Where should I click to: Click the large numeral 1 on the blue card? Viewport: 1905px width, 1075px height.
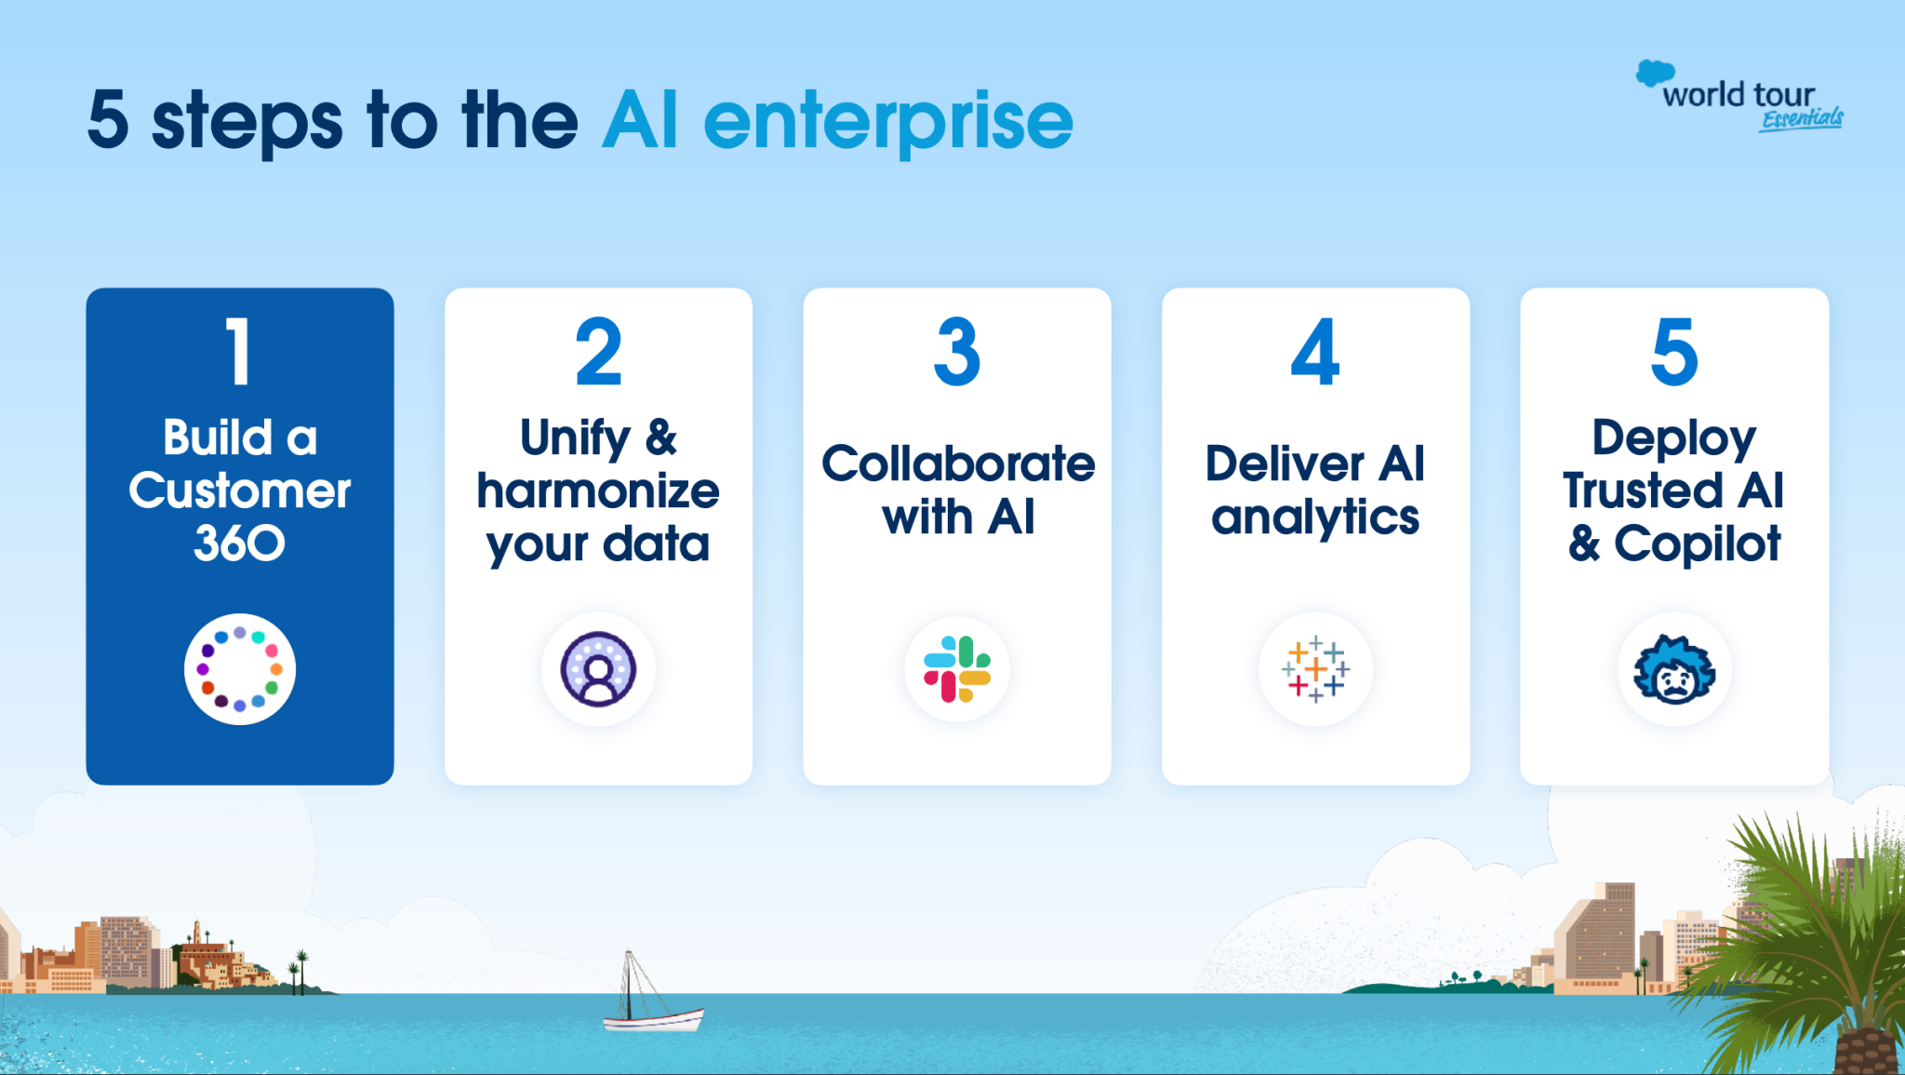click(x=239, y=352)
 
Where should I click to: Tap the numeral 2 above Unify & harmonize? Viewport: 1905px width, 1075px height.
click(x=598, y=352)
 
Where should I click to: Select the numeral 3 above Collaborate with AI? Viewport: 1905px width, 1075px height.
click(x=957, y=352)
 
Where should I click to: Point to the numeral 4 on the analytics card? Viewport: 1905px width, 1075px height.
click(x=1315, y=352)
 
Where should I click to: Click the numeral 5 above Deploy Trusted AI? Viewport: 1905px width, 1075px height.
click(x=1674, y=352)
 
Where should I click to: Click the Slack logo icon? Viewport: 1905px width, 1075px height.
click(x=957, y=669)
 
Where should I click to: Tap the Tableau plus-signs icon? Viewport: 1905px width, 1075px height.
click(x=1315, y=669)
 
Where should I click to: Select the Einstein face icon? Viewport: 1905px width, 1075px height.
click(x=1674, y=669)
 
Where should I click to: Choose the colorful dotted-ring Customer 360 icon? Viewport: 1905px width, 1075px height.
click(x=239, y=669)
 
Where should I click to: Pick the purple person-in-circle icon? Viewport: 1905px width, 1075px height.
click(x=598, y=669)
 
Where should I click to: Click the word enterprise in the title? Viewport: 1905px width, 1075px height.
click(x=888, y=122)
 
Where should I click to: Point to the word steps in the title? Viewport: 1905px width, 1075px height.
click(x=246, y=122)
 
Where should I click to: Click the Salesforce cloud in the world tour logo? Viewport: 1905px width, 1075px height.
click(x=1655, y=74)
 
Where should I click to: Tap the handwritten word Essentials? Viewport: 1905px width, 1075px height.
click(x=1802, y=119)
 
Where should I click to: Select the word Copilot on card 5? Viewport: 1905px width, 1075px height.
click(x=1698, y=544)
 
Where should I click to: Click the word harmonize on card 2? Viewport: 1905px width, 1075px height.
click(x=598, y=490)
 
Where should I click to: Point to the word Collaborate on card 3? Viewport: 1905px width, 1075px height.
click(x=958, y=464)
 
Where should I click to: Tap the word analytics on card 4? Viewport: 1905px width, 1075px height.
click(x=1315, y=517)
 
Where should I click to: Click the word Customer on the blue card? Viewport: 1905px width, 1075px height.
click(x=239, y=490)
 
